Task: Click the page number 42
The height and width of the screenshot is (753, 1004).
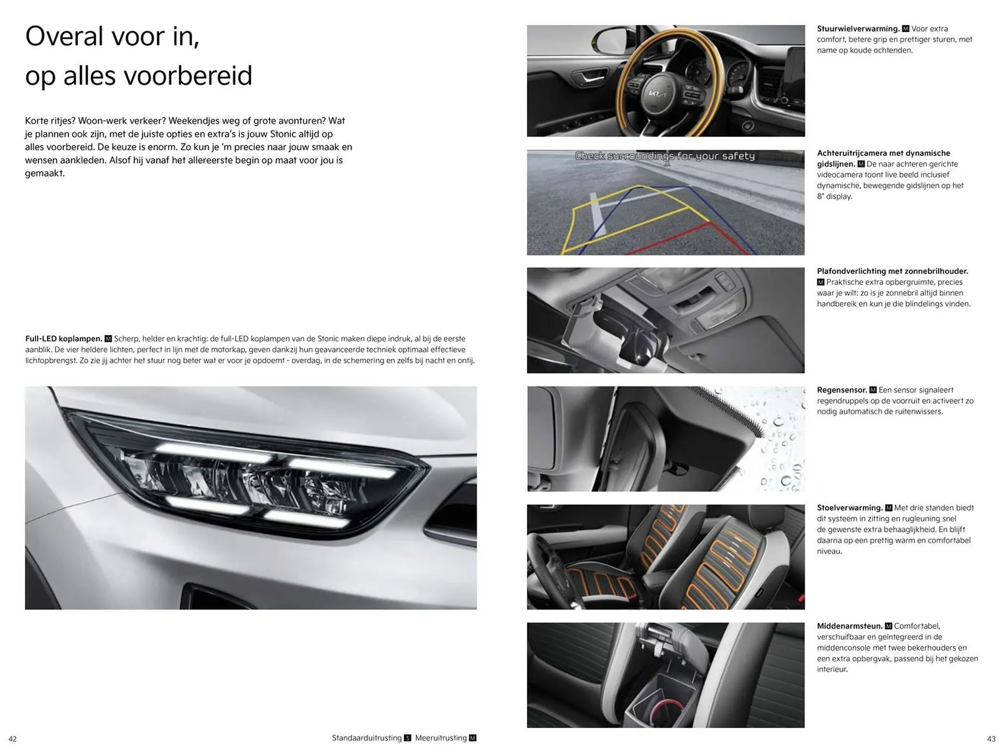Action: [13, 739]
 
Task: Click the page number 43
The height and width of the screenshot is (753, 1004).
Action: [991, 739]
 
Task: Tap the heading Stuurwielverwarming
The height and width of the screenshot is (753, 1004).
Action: [858, 29]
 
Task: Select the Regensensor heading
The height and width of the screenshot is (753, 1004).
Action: [842, 390]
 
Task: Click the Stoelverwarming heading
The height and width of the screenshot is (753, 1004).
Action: [849, 508]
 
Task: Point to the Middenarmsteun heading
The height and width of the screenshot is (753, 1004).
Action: [849, 626]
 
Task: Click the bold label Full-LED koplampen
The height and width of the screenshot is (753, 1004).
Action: [63, 339]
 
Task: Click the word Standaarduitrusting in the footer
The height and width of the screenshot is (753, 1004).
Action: [367, 738]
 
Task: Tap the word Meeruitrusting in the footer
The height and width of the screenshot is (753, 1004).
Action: [441, 738]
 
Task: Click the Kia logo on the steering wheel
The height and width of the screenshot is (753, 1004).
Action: [657, 95]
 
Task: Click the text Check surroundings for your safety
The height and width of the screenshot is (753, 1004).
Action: [665, 156]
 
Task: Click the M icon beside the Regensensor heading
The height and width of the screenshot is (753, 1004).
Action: [872, 390]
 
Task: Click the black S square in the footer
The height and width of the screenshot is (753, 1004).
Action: [408, 738]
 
